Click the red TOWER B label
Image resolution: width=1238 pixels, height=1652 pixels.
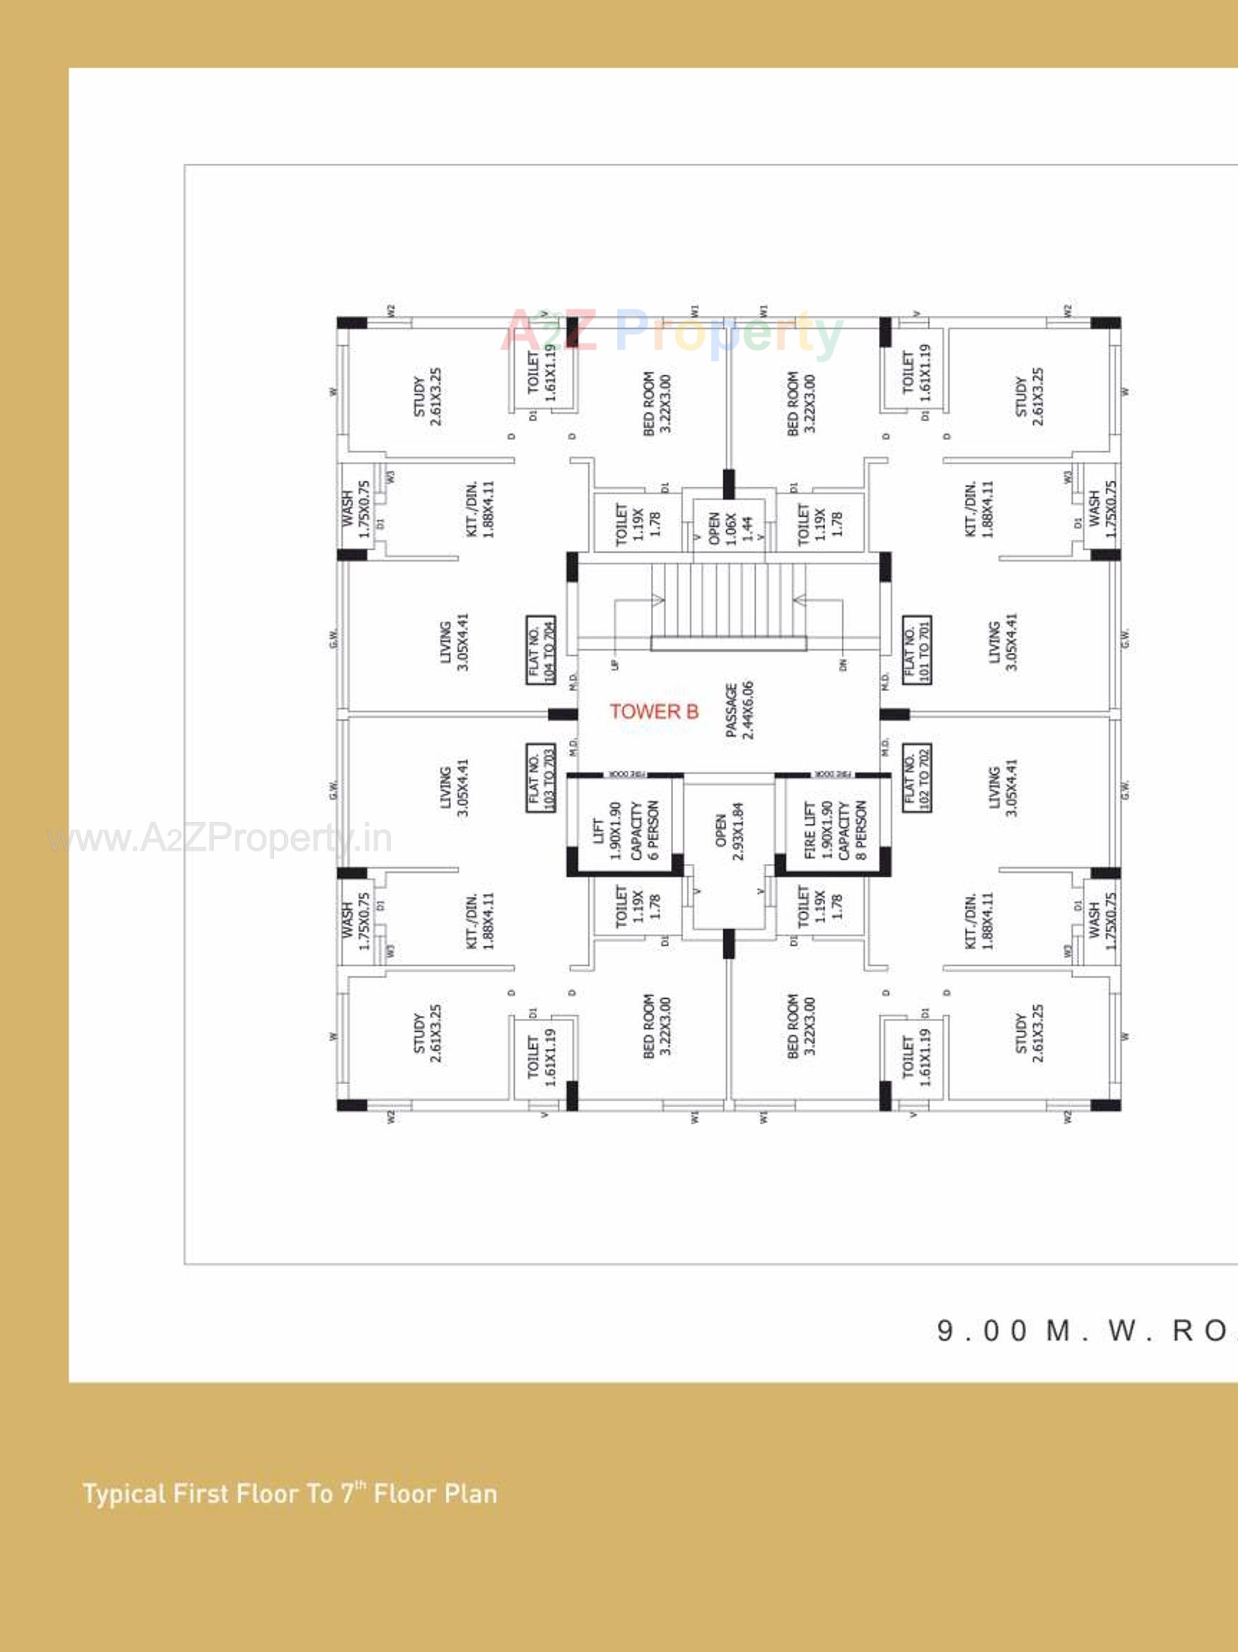click(x=654, y=711)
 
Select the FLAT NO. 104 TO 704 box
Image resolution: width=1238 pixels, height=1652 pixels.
click(x=541, y=650)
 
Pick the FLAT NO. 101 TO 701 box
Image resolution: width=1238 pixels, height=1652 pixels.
click(x=916, y=650)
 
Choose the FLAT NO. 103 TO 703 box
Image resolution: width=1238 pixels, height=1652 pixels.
click(x=541, y=779)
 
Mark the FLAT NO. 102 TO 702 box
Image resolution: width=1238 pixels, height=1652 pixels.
click(x=916, y=779)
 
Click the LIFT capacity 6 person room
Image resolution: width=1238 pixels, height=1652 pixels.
click(x=626, y=829)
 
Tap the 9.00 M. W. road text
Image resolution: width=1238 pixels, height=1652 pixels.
click(x=1082, y=1329)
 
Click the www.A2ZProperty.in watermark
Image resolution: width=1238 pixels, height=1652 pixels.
click(x=220, y=838)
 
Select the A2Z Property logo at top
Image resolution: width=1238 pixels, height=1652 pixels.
click(x=672, y=332)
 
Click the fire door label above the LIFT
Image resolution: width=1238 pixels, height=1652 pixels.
click(x=626, y=774)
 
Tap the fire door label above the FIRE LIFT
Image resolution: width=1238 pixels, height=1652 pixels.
click(x=833, y=774)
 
